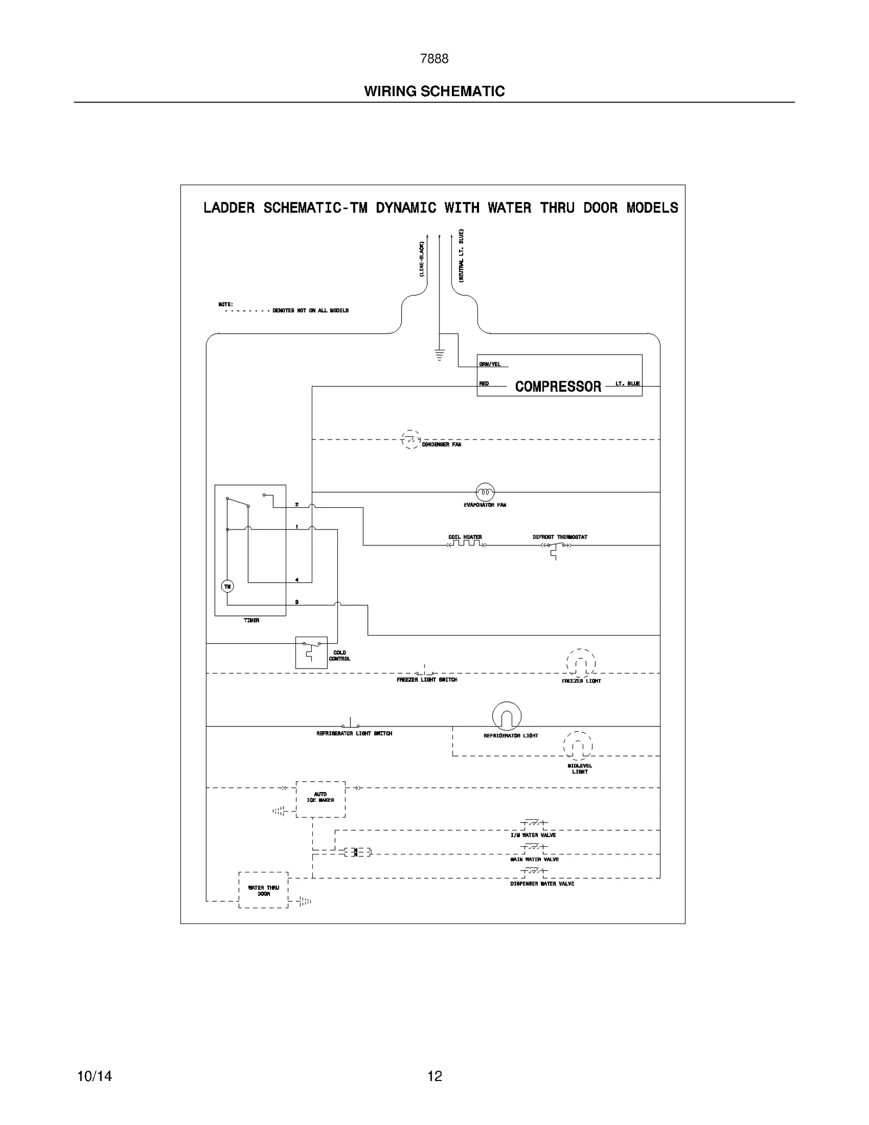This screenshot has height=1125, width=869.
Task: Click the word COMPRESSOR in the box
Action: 558,386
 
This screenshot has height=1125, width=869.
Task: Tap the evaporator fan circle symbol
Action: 485,492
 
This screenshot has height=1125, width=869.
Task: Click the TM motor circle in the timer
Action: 228,586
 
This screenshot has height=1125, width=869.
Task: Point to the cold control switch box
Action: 311,652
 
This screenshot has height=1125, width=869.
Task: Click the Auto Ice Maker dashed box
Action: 320,799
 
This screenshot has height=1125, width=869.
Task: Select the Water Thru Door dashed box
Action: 263,890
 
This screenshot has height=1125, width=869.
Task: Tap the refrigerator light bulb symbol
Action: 507,716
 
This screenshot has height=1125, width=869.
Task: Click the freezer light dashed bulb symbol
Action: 581,663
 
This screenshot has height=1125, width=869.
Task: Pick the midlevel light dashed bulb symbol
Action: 578,745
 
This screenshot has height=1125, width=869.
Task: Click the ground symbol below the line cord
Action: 439,355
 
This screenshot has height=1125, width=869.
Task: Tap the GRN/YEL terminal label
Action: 490,364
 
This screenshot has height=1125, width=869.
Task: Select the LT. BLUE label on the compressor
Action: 627,384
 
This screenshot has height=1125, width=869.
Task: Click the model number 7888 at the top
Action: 434,59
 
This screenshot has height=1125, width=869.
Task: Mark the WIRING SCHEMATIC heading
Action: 434,91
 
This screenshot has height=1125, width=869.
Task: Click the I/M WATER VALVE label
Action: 533,835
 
